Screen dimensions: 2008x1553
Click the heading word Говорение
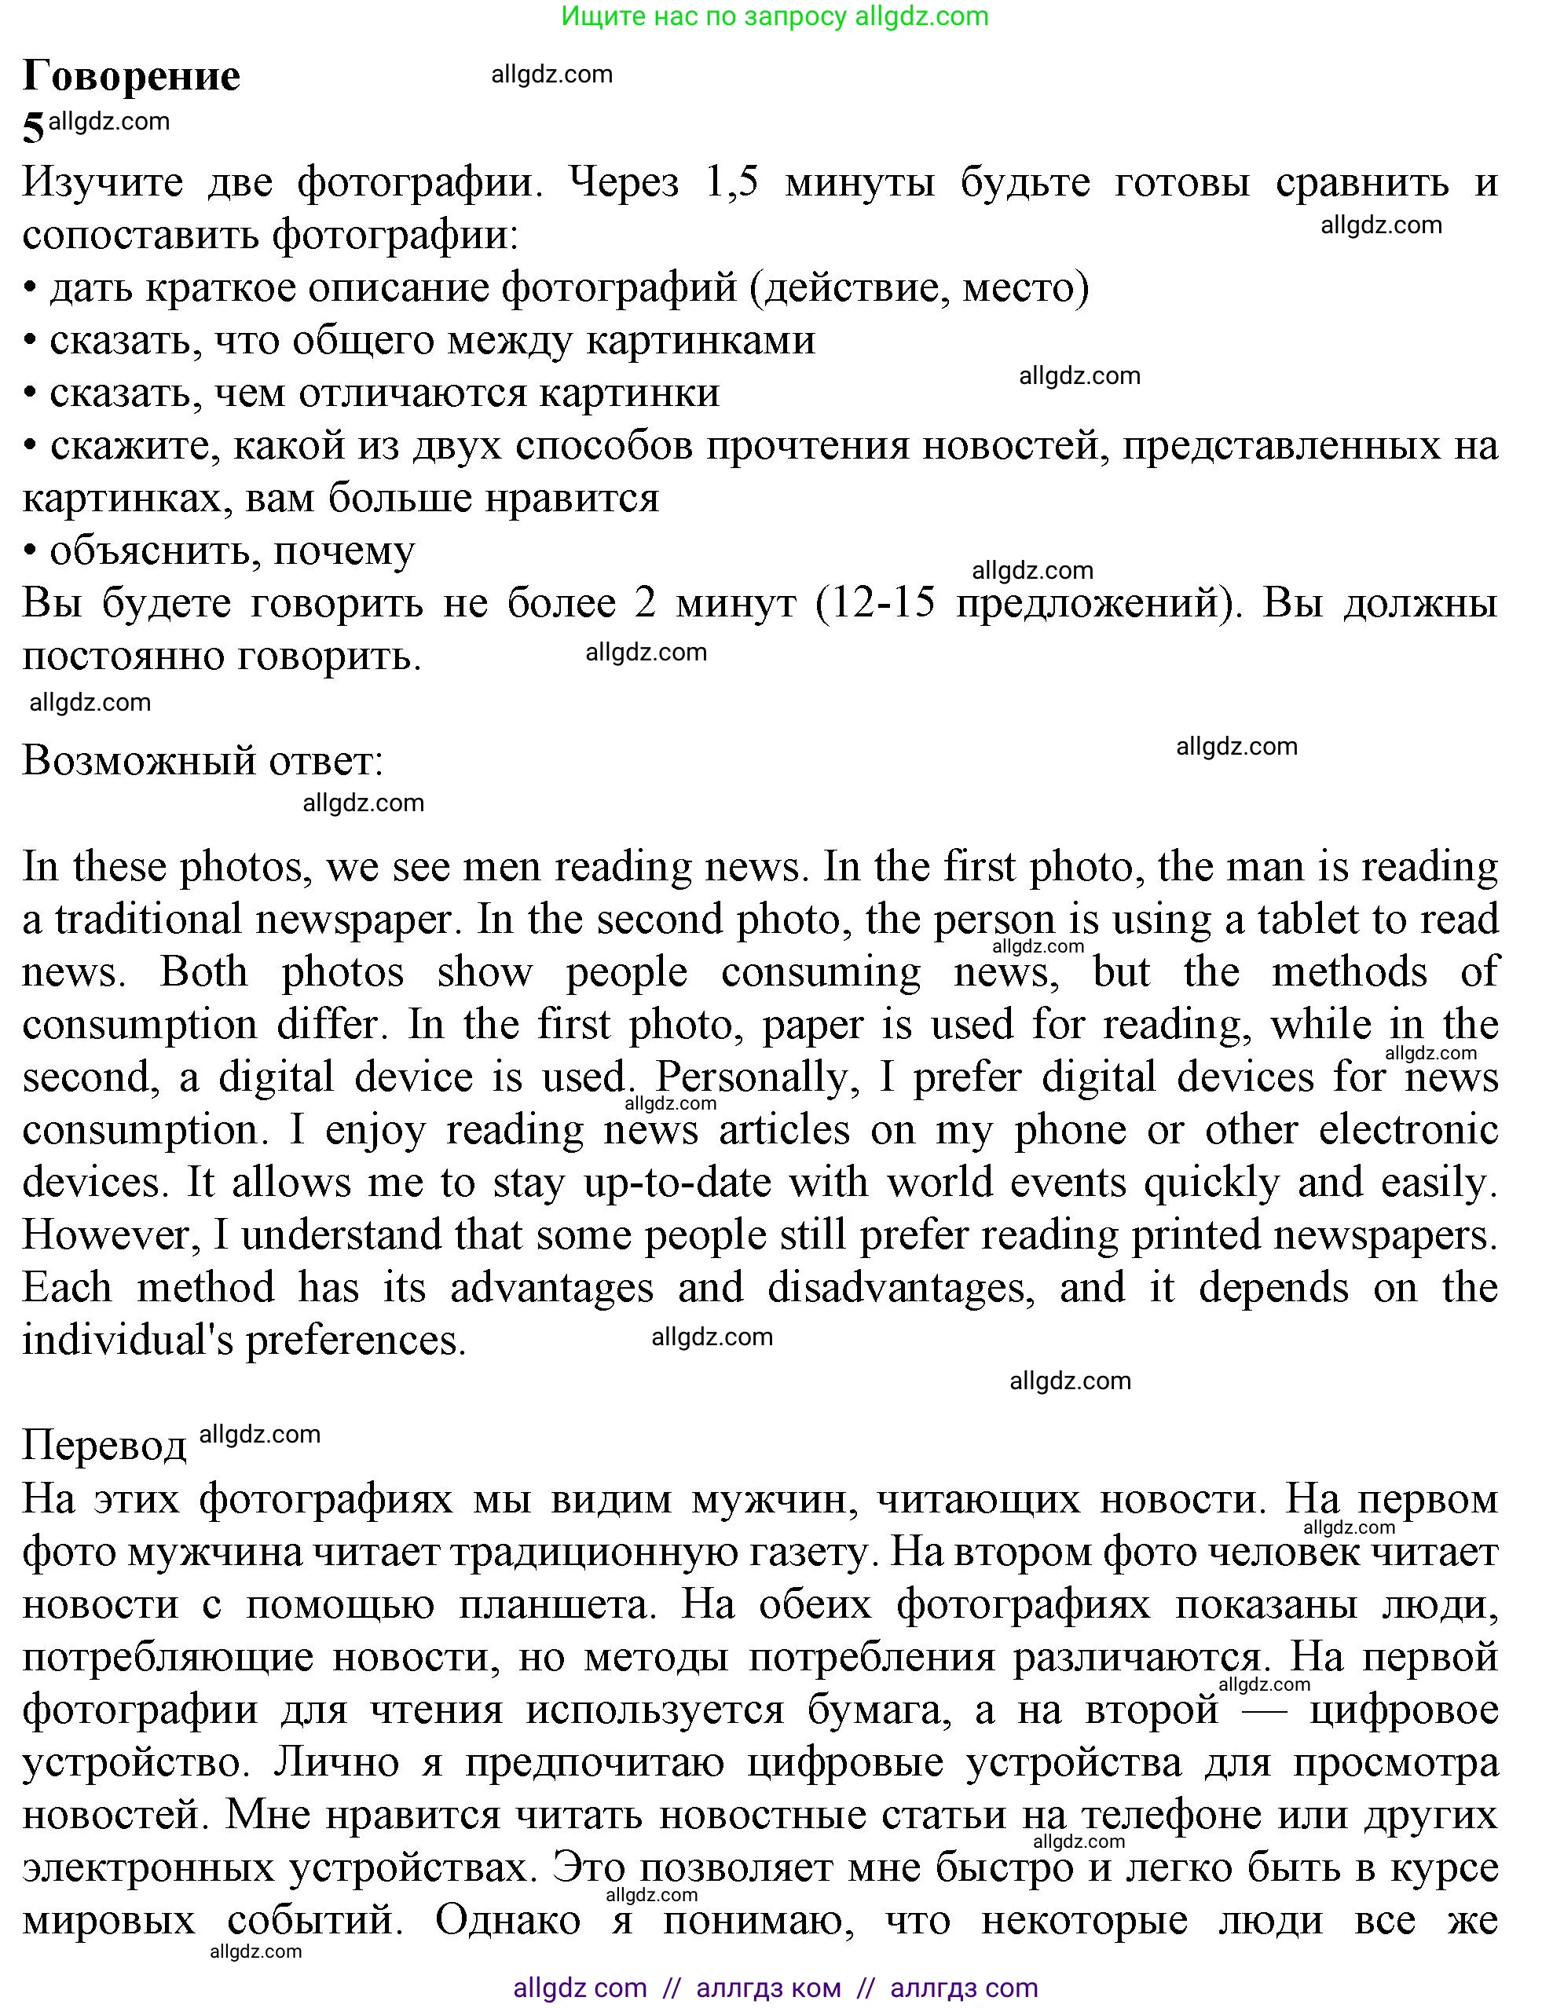point(131,76)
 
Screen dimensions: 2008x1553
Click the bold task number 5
point(33,129)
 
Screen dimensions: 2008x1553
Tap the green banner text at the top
point(775,16)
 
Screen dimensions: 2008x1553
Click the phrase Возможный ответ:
point(203,760)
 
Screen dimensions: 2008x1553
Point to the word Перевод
point(104,1445)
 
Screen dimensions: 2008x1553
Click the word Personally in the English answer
point(756,1077)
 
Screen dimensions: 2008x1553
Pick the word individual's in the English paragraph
point(128,1340)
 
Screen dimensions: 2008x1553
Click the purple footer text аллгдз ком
point(769,1988)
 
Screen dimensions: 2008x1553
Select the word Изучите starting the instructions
point(102,183)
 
